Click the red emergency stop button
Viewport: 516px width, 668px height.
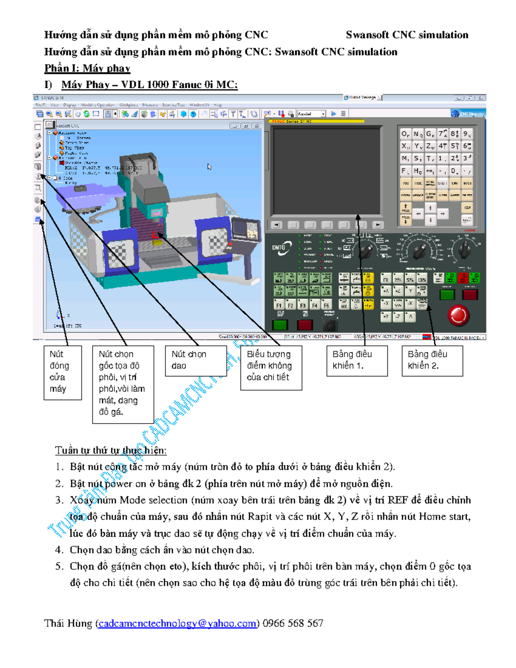coord(458,315)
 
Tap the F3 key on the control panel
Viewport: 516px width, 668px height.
coord(303,305)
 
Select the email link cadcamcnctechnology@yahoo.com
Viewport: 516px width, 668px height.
coord(177,623)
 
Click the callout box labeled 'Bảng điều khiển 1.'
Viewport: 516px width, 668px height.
coord(357,360)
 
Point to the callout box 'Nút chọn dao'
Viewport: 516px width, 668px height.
coord(196,360)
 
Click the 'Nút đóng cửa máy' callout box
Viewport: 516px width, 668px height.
coord(62,372)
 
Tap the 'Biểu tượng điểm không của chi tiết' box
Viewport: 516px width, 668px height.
coord(271,367)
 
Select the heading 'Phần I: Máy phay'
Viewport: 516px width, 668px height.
coord(87,68)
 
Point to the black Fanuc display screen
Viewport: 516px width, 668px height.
coord(326,171)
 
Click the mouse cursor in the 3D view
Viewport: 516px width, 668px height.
coord(209,166)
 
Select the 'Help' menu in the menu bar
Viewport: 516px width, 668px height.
coord(218,105)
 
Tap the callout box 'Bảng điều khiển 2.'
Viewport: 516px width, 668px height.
coord(432,360)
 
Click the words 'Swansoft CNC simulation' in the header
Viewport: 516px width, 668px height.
coord(407,35)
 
